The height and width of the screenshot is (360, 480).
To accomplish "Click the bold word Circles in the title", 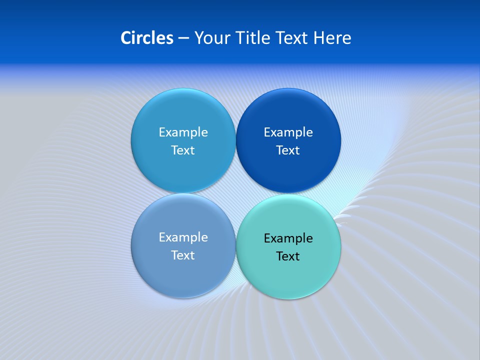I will (x=147, y=38).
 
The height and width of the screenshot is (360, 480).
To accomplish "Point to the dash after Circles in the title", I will (x=183, y=38).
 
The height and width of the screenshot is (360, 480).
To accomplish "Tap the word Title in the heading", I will (x=248, y=38).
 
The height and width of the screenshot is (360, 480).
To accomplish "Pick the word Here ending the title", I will (x=332, y=38).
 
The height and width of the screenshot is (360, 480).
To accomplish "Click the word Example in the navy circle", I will (x=288, y=132).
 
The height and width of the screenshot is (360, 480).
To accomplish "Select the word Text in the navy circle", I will (x=288, y=150).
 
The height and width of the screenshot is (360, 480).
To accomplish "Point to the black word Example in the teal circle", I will (x=288, y=238).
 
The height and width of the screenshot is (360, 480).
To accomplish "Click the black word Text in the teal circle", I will (x=288, y=256).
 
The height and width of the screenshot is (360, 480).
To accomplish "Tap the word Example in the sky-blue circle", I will (x=183, y=132).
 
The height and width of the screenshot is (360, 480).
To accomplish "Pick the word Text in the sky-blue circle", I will (x=183, y=150).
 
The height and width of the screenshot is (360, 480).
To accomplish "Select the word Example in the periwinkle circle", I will (x=183, y=237).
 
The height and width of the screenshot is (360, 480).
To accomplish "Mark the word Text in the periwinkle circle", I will (x=183, y=255).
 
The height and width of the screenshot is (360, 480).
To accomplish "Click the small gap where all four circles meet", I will (x=236, y=193).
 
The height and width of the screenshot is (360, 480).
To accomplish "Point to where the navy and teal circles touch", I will (x=288, y=194).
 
